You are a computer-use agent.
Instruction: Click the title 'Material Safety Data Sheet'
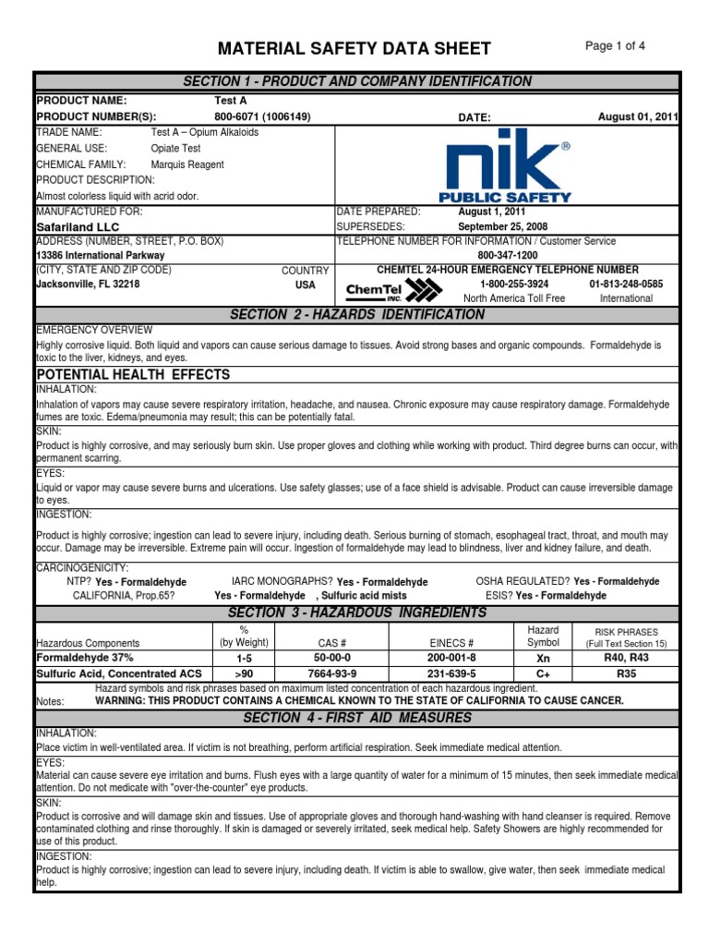click(x=354, y=49)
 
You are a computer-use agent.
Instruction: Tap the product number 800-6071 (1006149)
click(x=262, y=116)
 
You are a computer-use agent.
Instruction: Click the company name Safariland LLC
click(x=78, y=226)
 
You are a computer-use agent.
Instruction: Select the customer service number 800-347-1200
click(x=508, y=255)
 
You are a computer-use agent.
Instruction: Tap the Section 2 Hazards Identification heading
click(x=356, y=315)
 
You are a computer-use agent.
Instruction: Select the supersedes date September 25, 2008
click(x=504, y=225)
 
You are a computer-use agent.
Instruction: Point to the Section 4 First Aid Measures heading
click(x=356, y=718)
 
